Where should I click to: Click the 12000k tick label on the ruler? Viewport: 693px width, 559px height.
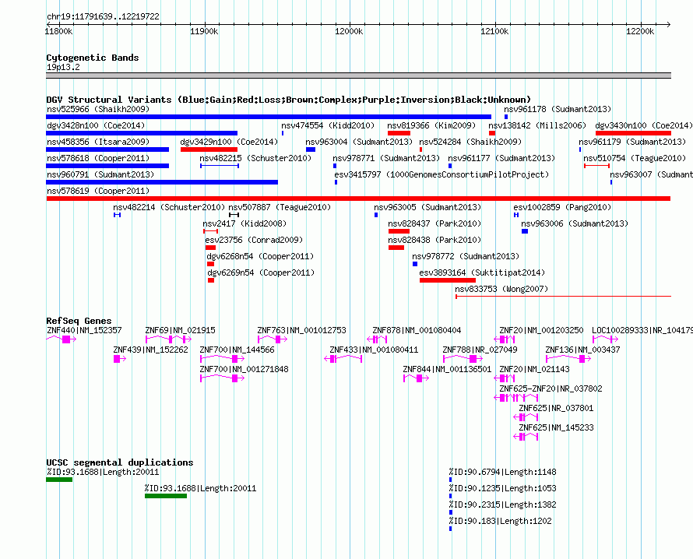coord(349,31)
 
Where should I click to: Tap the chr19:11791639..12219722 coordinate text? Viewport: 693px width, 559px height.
coord(103,17)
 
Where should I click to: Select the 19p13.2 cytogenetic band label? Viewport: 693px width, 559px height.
coord(63,68)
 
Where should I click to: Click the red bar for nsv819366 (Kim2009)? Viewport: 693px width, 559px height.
coord(399,133)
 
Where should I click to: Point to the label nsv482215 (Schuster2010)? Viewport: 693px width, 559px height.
coord(255,158)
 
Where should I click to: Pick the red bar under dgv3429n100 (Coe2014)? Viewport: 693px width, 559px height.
coord(209,149)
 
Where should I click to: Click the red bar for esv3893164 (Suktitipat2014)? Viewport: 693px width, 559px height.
coord(448,280)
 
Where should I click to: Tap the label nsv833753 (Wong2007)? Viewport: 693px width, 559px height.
coord(501,289)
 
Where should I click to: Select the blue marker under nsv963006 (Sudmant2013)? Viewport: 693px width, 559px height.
coord(525,231)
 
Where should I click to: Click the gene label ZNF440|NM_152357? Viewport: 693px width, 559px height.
coord(84,331)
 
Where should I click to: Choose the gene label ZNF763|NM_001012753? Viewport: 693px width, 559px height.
coord(302,331)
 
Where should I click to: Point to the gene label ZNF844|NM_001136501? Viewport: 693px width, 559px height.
coord(447,370)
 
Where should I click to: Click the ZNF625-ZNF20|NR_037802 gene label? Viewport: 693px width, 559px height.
coord(551,388)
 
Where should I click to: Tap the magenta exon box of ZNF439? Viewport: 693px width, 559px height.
coord(117,359)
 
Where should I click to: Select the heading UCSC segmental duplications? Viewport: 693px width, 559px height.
coord(120,462)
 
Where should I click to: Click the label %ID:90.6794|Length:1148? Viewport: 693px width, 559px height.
coord(502,473)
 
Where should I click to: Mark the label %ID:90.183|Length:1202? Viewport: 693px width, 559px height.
coord(501,522)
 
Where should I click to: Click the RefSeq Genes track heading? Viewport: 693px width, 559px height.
coord(79,322)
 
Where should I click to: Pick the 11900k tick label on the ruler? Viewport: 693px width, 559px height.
coord(204,31)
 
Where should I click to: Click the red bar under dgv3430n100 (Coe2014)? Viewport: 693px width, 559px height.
coord(633,133)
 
